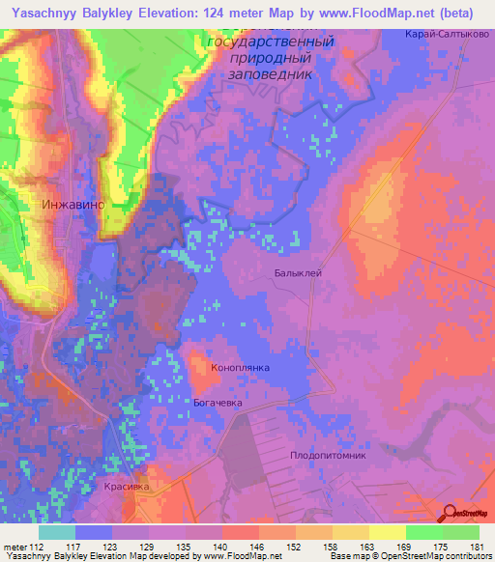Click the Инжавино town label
(73, 205)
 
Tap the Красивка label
(127, 488)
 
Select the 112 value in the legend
(38, 546)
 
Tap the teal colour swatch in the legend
(56, 532)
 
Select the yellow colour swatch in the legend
(387, 532)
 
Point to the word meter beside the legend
(15, 546)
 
